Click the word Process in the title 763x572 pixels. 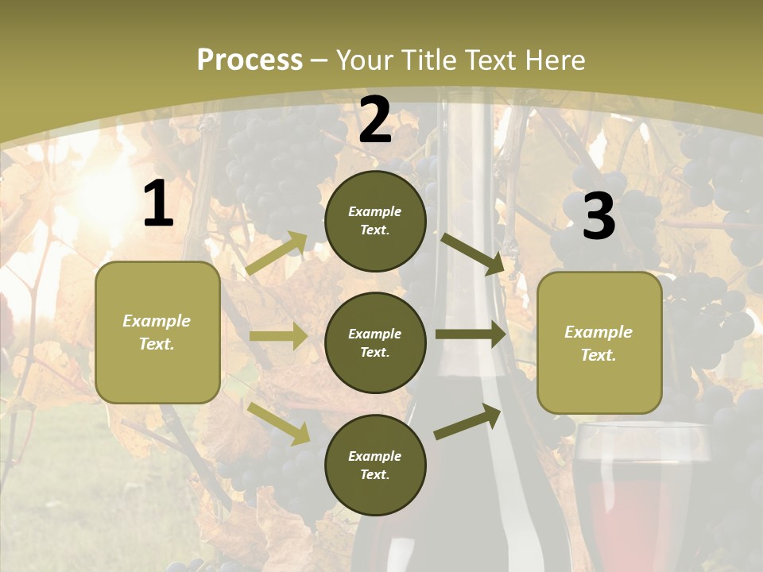[250, 60]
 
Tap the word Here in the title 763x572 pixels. [553, 60]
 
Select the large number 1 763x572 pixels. [158, 204]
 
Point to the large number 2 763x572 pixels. [375, 121]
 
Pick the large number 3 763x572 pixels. [598, 217]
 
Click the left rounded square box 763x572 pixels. [157, 332]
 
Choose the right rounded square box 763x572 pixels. [599, 342]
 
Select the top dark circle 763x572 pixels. [375, 221]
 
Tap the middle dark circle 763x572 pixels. [375, 342]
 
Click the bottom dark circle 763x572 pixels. [375, 465]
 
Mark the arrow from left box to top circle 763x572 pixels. [277, 253]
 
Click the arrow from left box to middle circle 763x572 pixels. [278, 336]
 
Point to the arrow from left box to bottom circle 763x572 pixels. [279, 422]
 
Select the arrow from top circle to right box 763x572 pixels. [472, 253]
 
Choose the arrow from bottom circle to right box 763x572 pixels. [467, 422]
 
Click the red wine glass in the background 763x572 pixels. [640, 493]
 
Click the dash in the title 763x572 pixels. [320, 61]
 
